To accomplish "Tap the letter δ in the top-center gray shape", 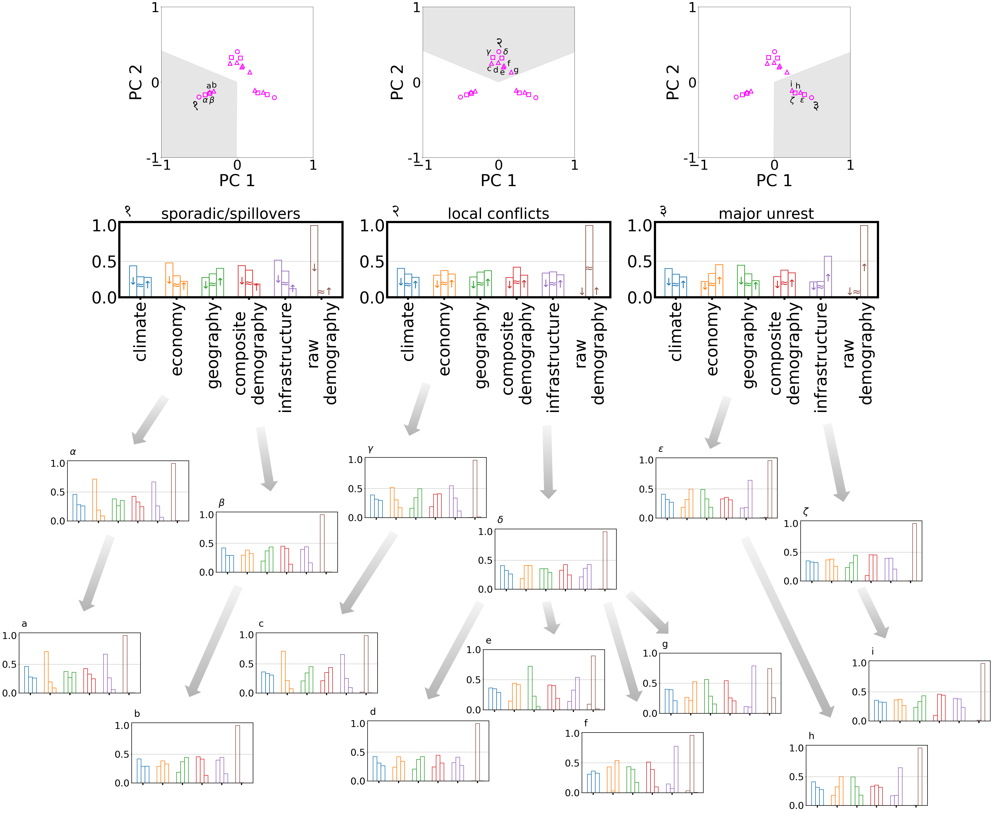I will coord(505,51).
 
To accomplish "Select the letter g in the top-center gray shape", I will coord(516,70).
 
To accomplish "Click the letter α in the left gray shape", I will coord(205,100).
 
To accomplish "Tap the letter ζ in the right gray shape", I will coord(792,100).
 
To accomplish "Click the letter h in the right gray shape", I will coord(798,86).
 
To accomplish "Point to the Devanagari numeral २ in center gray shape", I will coord(499,43).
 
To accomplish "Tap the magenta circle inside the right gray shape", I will coord(811,97).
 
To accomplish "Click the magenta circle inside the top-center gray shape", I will coord(499,51).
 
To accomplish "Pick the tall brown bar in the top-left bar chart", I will coord(314,260).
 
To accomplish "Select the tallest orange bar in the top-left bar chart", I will coord(169,279).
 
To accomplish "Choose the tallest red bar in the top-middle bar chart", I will coord(517,281).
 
